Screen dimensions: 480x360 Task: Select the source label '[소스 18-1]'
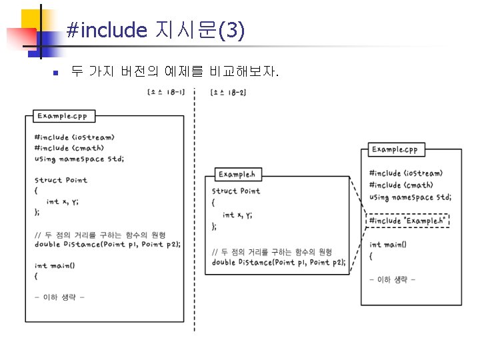[165, 92]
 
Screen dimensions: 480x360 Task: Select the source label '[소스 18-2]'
[228, 92]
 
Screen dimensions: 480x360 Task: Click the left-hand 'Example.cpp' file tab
[62, 116]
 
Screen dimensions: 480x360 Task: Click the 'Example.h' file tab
[237, 175]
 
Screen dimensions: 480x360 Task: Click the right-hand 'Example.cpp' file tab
[395, 149]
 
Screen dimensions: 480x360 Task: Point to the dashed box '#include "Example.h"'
[407, 221]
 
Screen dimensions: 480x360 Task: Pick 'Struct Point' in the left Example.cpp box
[61, 180]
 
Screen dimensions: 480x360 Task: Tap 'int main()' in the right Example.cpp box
[388, 245]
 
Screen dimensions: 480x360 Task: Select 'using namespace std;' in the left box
[79, 159]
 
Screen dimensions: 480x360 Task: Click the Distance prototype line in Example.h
[279, 263]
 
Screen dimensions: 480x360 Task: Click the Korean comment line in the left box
[100, 235]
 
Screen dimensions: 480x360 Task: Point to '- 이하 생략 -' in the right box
[393, 279]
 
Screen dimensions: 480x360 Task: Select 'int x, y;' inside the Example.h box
[237, 215]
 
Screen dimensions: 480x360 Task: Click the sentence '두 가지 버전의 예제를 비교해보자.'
[175, 71]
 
